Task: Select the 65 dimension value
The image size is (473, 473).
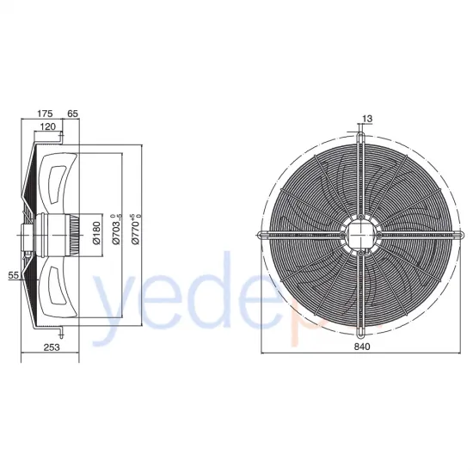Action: pyautogui.click(x=72, y=113)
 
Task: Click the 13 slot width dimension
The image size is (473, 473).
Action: pyautogui.click(x=368, y=119)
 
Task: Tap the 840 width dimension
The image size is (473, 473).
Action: pyautogui.click(x=361, y=347)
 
